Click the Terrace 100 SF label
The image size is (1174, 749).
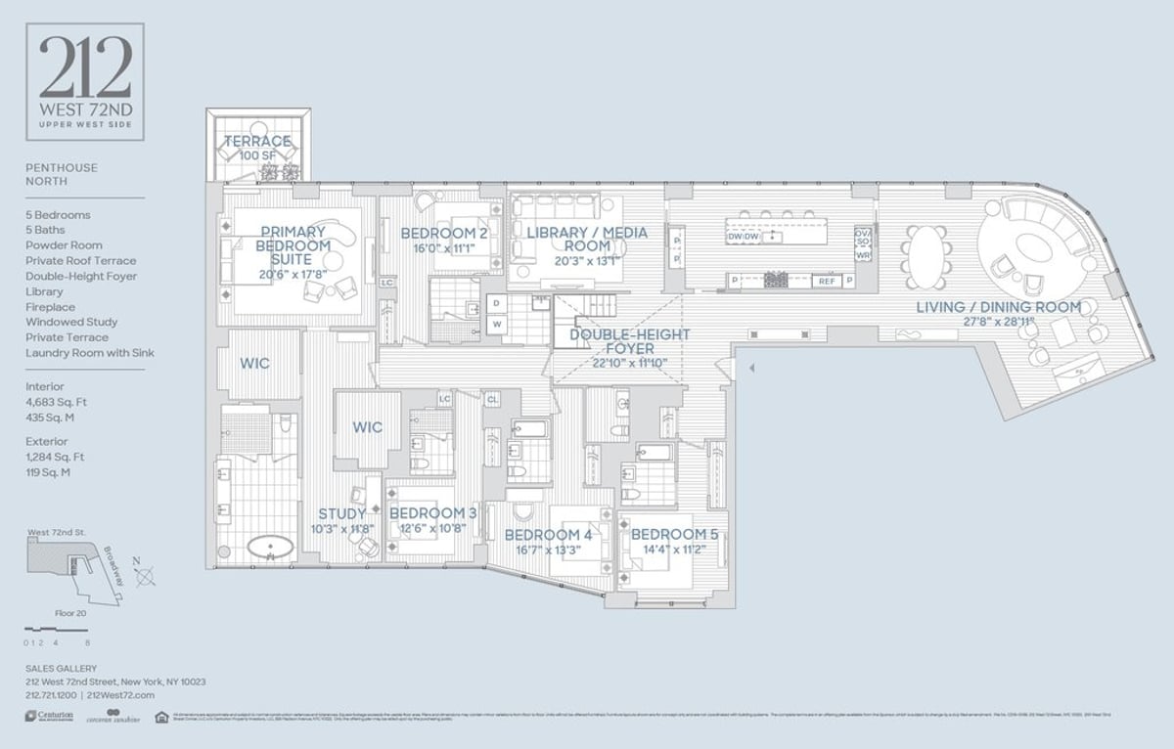tap(257, 149)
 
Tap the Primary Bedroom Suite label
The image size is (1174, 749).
tap(292, 245)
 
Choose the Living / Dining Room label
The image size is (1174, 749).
tap(998, 307)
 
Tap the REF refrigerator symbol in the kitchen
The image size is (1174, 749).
tap(827, 281)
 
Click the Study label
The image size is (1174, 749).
tap(341, 513)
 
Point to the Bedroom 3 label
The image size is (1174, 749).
tap(432, 513)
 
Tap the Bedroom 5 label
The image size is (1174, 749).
tap(674, 535)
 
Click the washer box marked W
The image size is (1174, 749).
tap(497, 324)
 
